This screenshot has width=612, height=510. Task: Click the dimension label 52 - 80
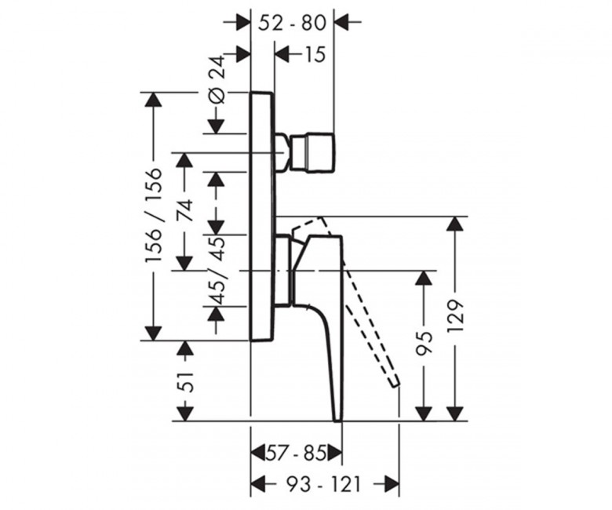pyautogui.click(x=293, y=24)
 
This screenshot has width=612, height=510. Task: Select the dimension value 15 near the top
pyautogui.click(x=314, y=55)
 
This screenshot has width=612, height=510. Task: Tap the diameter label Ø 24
pyautogui.click(x=217, y=79)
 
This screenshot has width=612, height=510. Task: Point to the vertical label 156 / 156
pyautogui.click(x=153, y=216)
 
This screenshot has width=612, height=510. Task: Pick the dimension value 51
pyautogui.click(x=186, y=381)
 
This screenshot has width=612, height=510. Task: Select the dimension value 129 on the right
pyautogui.click(x=455, y=316)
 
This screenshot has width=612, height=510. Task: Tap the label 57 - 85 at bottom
pyautogui.click(x=296, y=454)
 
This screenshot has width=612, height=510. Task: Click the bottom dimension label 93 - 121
pyautogui.click(x=323, y=485)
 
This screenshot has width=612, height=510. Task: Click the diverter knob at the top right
pyautogui.click(x=312, y=152)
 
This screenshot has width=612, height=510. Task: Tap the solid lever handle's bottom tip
pyautogui.click(x=338, y=421)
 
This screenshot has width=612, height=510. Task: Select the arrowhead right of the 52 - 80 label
pyautogui.click(x=342, y=23)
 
